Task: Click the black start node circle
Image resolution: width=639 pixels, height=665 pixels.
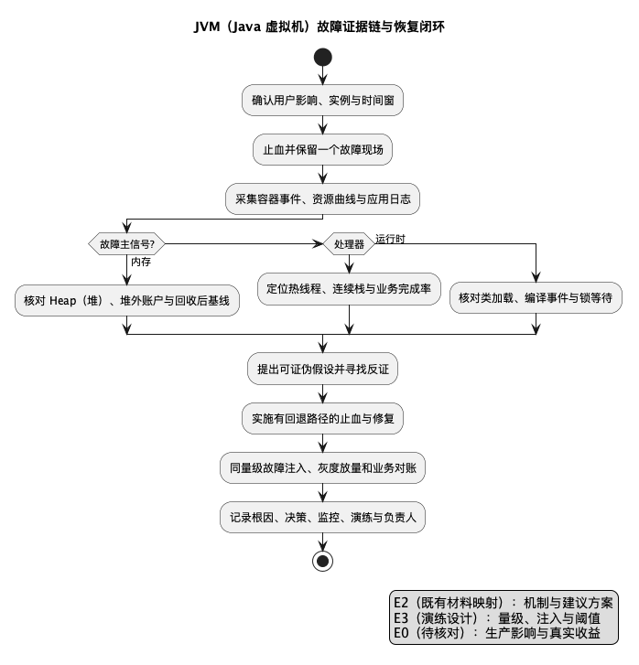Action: coord(322,58)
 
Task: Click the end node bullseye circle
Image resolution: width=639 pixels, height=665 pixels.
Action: coord(322,561)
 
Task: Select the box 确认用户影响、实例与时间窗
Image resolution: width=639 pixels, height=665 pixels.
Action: coord(322,100)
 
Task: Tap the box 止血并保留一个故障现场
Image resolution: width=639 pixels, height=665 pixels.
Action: coord(322,150)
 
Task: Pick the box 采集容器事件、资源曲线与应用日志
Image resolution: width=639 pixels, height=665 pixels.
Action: coord(322,198)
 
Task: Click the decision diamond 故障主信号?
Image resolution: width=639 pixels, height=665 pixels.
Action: coord(126,244)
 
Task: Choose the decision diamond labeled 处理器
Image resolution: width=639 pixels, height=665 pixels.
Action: coord(349,244)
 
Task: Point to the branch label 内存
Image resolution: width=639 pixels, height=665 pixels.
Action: coord(141,262)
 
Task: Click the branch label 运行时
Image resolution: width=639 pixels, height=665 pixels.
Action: coord(390,239)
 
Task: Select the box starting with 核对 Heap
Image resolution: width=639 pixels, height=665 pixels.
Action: coord(127,301)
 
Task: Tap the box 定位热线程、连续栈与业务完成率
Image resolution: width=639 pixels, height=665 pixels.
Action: coord(349,289)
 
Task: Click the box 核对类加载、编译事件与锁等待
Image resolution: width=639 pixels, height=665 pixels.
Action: coord(536,297)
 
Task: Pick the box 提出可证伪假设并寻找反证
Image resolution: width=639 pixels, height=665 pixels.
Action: coord(322,369)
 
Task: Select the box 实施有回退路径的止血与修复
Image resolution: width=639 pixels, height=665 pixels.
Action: coord(322,419)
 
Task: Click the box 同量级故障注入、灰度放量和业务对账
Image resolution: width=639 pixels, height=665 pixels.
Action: coord(322,467)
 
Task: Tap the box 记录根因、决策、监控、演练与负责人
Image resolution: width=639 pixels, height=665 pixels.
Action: coord(322,518)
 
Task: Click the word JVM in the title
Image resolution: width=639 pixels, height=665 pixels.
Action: coord(207,27)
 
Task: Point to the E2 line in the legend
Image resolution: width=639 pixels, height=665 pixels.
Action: coord(504,603)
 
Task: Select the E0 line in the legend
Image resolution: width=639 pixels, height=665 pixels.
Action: coord(497,633)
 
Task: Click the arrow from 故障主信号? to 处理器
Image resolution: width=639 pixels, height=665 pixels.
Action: coord(244,244)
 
